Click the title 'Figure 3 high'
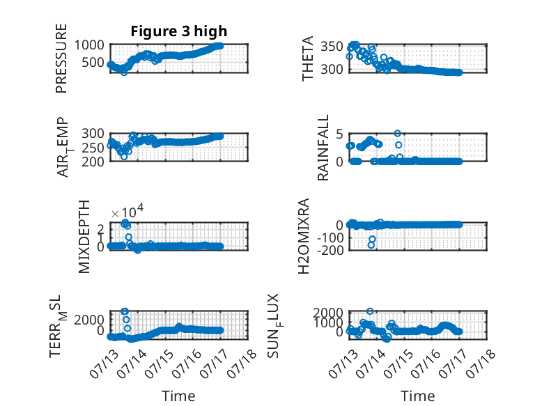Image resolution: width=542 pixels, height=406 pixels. [179, 31]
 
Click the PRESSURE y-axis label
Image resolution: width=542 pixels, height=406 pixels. [61, 58]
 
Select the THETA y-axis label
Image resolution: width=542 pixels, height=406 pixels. [308, 58]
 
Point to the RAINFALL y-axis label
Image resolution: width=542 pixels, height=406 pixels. [323, 148]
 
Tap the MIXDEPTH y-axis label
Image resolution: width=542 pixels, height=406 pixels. [84, 237]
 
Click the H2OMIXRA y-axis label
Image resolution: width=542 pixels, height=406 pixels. [304, 236]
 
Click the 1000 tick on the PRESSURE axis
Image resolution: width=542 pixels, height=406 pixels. [89, 45]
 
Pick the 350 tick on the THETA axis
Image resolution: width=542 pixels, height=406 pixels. [332, 46]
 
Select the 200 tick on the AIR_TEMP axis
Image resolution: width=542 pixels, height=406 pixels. [93, 162]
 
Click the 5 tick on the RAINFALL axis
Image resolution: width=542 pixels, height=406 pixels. [339, 134]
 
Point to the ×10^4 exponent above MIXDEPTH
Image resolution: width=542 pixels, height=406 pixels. [127, 211]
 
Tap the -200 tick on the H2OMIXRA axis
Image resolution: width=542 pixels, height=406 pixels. [330, 250]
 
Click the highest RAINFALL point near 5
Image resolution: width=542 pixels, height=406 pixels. [398, 134]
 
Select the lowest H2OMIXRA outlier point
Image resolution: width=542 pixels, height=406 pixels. [371, 245]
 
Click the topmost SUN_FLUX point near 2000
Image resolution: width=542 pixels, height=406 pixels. [370, 311]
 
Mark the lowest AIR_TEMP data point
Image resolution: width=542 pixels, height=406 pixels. [124, 157]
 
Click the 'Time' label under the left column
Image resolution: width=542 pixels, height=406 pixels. [178, 396]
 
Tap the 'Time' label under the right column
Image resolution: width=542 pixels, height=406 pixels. [417, 396]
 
